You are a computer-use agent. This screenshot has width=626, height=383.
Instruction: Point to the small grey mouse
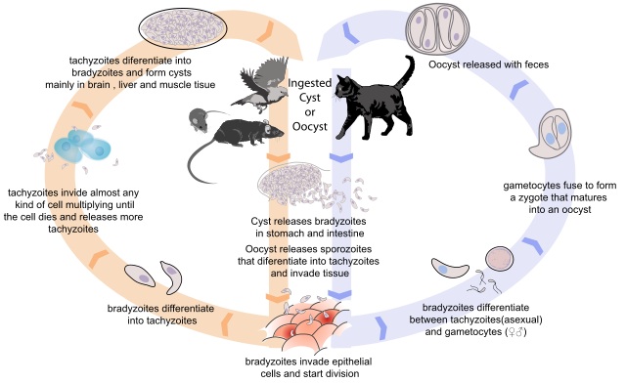tap(200, 119)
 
